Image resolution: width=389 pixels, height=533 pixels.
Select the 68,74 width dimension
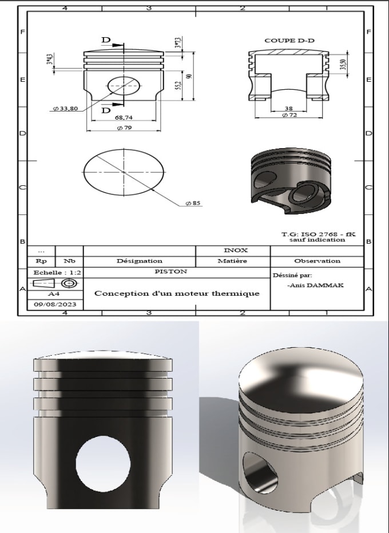[124, 117]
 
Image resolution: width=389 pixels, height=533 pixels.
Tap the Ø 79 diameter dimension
[124, 128]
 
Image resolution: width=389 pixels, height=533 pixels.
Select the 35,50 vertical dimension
[342, 64]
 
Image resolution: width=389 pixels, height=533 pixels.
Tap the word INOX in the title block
[232, 250]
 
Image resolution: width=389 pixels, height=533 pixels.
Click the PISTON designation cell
[176, 272]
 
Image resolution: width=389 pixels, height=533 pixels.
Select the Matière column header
[232, 261]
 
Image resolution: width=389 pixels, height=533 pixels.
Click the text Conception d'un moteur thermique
[176, 293]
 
